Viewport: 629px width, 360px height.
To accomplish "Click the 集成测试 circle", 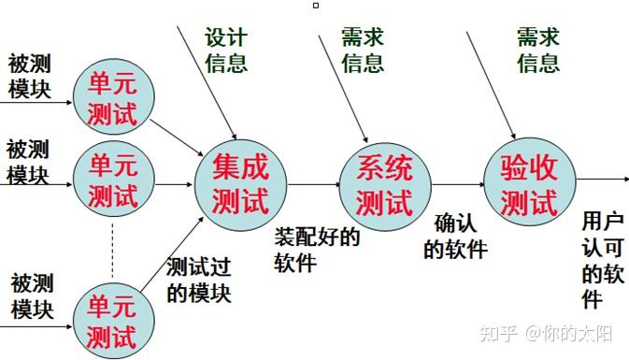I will tap(239, 184).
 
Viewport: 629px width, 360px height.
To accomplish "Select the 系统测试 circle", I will tap(383, 184).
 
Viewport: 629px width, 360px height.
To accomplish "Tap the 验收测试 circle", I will tap(528, 184).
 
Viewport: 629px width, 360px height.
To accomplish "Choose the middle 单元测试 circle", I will tap(113, 182).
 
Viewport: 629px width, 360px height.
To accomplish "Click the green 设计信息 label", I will tap(226, 50).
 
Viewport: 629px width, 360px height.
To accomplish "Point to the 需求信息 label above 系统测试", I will tap(363, 50).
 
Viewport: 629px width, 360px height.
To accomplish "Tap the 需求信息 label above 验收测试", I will tap(538, 50).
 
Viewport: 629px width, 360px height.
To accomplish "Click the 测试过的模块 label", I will tap(198, 280).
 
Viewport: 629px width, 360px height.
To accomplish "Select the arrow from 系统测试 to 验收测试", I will tap(455, 185).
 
